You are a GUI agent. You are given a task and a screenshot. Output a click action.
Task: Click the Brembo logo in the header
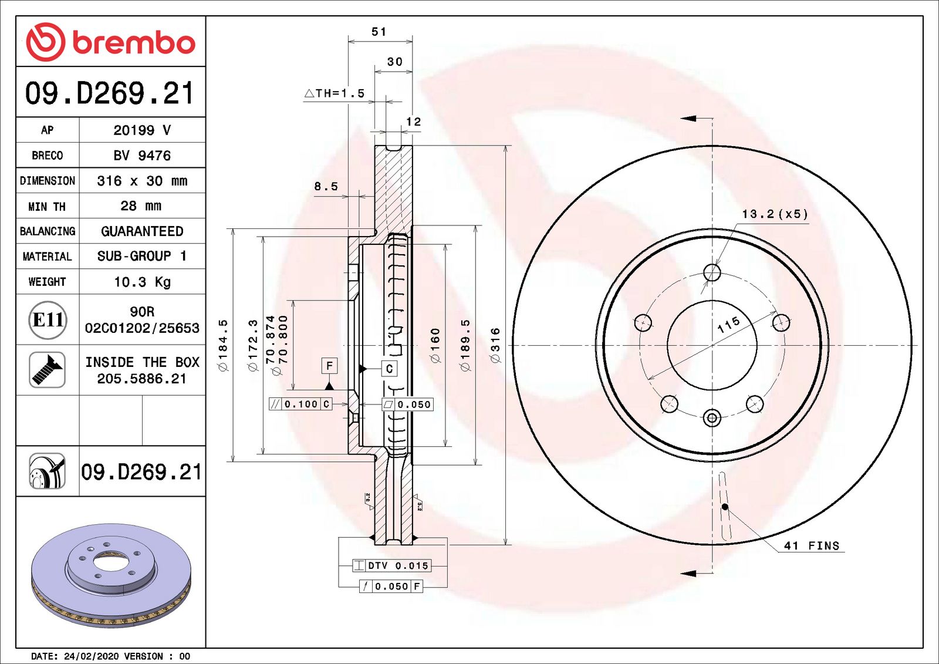pos(110,42)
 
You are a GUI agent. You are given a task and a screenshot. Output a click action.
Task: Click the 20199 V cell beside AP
pos(142,130)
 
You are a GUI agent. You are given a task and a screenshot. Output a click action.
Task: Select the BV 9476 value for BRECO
pos(142,156)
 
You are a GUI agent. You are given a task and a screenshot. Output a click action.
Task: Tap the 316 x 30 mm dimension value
pos(142,181)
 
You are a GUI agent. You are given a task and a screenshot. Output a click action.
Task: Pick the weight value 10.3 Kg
pos(142,282)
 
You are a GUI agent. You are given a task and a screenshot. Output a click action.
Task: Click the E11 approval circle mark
pos(48,320)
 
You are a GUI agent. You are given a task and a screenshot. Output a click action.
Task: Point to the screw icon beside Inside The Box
pos(47,370)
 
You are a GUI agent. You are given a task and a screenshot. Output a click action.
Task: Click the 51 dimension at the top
pos(379,32)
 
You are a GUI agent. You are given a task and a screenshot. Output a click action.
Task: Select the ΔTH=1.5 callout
pos(335,93)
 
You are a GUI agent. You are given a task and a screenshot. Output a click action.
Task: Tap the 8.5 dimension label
pos(326,187)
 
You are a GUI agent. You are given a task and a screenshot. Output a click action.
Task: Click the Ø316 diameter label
pos(496,345)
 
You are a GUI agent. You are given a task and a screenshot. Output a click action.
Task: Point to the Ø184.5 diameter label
pos(223,345)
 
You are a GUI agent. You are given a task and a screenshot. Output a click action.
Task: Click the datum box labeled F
pos(329,366)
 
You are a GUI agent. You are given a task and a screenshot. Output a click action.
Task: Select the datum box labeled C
pos(389,369)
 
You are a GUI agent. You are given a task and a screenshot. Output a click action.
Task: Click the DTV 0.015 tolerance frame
pos(392,565)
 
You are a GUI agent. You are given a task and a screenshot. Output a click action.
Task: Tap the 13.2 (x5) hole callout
pos(775,214)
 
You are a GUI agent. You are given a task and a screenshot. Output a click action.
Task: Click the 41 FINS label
pos(812,546)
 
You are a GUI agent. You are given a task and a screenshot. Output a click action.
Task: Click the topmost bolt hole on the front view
pos(712,272)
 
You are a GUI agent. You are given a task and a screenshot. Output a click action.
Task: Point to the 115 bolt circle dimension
pos(728,325)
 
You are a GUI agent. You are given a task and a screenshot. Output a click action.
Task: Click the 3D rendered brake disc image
pos(111,574)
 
